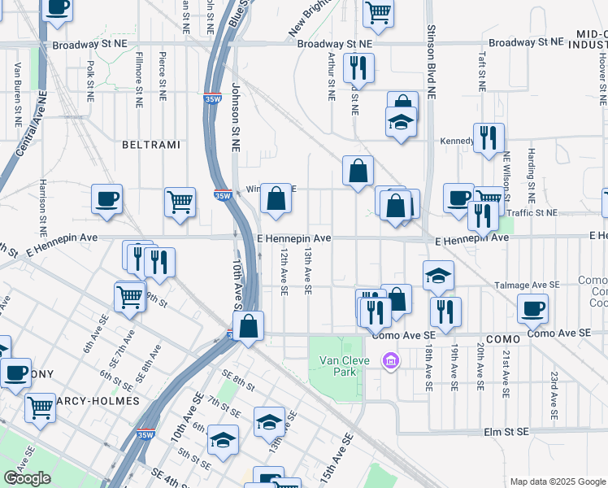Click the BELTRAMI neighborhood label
(x=146, y=144)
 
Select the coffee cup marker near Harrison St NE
(x=106, y=198)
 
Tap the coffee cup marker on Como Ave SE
(x=532, y=308)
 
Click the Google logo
(x=27, y=478)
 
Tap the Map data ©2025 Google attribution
(x=557, y=481)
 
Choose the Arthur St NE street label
(x=331, y=77)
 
